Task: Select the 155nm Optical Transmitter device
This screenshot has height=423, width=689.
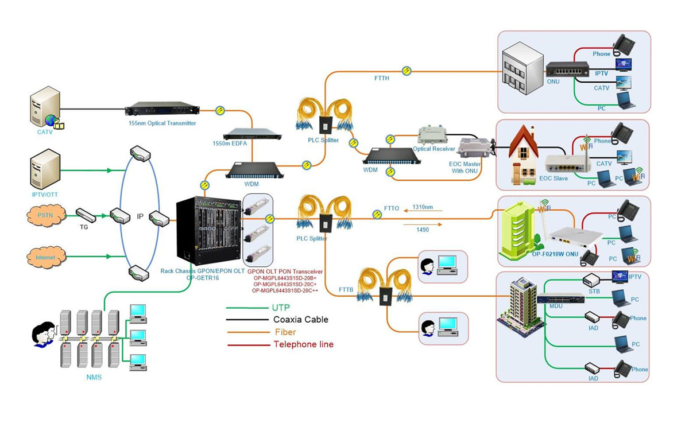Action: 162,108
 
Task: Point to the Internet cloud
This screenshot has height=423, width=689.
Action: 46,258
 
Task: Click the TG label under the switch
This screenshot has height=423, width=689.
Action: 84,227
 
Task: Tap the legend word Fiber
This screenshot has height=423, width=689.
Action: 285,332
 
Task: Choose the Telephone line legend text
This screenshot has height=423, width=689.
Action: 303,344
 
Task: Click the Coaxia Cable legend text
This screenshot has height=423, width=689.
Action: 301,320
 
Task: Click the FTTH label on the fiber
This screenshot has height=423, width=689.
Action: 381,78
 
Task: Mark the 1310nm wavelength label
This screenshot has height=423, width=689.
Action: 423,207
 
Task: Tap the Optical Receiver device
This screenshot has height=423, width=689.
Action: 434,137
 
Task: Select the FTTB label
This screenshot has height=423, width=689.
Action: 346,289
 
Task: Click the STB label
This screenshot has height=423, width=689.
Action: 594,292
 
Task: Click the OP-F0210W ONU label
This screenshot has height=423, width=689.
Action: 555,253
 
